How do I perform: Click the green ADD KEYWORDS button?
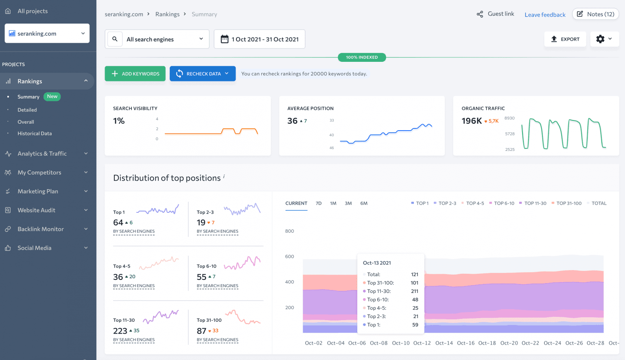point(135,74)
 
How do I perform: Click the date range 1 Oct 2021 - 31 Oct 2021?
point(260,39)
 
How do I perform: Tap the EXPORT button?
point(565,39)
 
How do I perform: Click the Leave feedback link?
point(545,15)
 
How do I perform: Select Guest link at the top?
point(496,14)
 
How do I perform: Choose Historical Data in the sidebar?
point(35,133)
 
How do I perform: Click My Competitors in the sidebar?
point(39,172)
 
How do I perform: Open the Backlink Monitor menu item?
point(41,229)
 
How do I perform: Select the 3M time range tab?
point(348,203)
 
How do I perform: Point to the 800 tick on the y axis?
point(289,231)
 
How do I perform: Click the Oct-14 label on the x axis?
point(444,343)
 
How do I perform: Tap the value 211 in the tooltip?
point(414,291)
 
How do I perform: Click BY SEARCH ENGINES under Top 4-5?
point(134,286)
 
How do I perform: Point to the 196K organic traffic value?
point(472,121)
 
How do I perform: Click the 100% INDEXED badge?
point(362,57)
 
